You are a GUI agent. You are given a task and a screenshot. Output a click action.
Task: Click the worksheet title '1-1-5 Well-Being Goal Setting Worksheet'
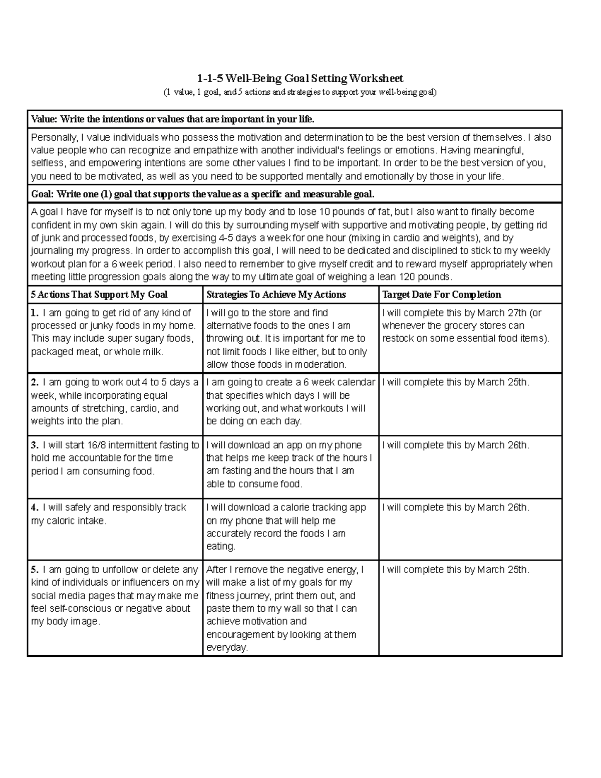point(299,79)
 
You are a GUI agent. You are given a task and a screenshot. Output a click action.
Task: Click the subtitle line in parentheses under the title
point(299,93)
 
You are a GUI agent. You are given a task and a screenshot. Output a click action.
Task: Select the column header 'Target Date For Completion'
point(441,295)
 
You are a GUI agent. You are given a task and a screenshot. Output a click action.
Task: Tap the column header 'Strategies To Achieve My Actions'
point(276,295)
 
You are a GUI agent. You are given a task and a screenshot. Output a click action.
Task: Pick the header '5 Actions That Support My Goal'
point(99,295)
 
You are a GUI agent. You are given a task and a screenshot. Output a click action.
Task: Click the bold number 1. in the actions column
point(35,313)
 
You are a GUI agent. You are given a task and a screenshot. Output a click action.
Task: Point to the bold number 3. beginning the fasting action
point(35,445)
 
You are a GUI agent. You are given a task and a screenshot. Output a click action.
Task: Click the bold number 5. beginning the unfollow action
point(35,570)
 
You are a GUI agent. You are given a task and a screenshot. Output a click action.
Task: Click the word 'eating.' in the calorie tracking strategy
point(221,547)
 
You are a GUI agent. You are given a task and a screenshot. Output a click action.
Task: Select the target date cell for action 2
point(470,403)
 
